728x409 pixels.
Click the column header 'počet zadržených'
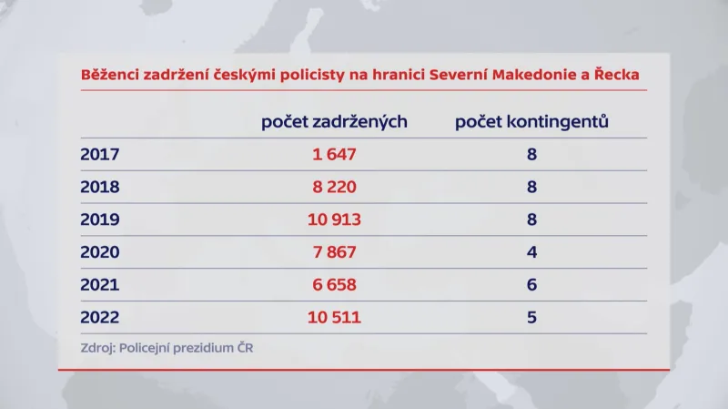(334, 121)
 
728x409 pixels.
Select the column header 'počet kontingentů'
(531, 121)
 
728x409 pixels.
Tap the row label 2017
(99, 154)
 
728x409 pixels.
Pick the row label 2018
(99, 187)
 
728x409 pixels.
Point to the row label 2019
(99, 220)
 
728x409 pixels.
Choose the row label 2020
(99, 252)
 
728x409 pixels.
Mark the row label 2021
(99, 285)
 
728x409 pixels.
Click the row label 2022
(99, 318)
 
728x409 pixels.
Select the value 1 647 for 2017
(334, 154)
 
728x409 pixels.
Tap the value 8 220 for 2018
(334, 187)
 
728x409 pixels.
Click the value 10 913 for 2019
(334, 220)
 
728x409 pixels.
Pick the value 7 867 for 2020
(334, 252)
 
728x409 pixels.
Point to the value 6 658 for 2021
(334, 285)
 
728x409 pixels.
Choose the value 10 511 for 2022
(334, 318)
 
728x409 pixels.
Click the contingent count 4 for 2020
(531, 252)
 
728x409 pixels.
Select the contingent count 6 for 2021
(531, 285)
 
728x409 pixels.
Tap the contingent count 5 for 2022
(531, 318)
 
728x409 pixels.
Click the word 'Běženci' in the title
(108, 74)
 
